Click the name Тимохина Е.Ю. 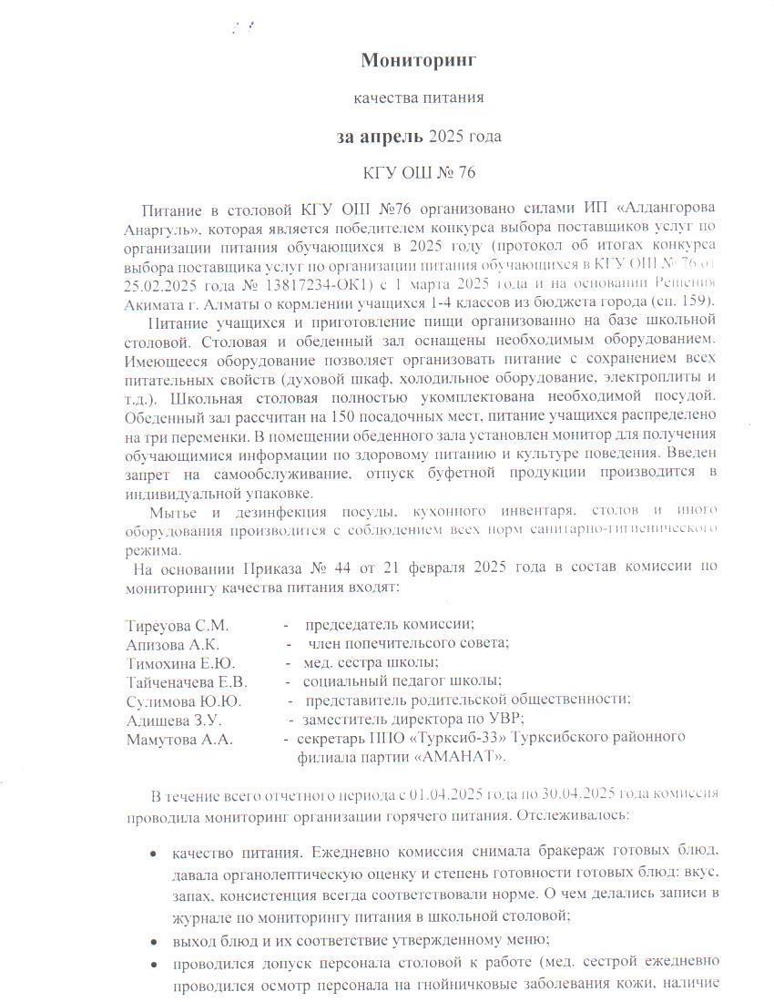[179, 662]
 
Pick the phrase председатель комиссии [389, 626]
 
